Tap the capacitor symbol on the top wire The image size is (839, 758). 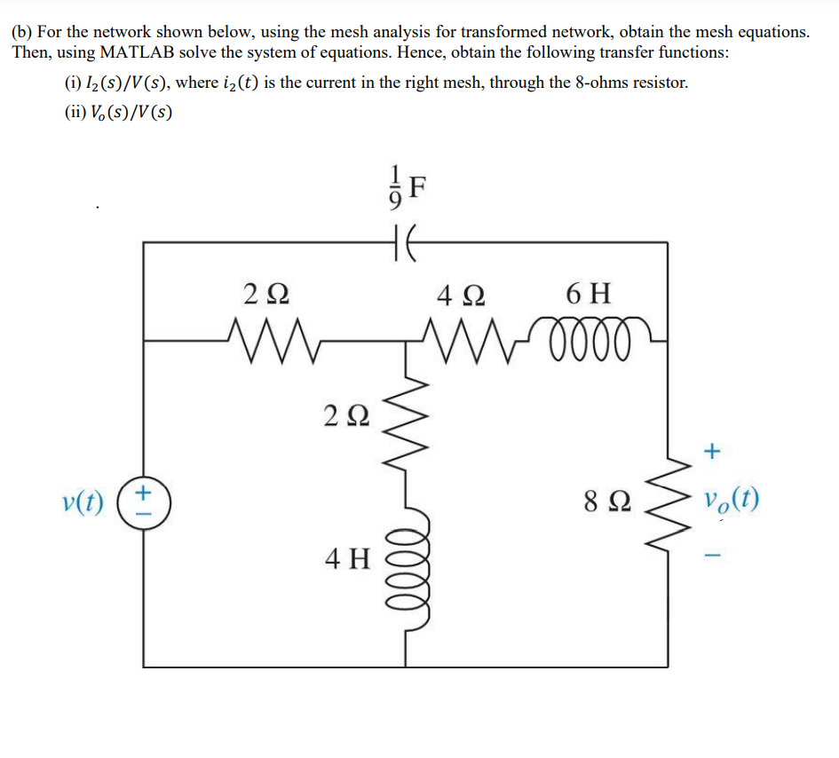coord(407,241)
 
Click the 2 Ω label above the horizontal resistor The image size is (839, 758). coord(265,293)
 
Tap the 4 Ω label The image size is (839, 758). coord(460,293)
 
